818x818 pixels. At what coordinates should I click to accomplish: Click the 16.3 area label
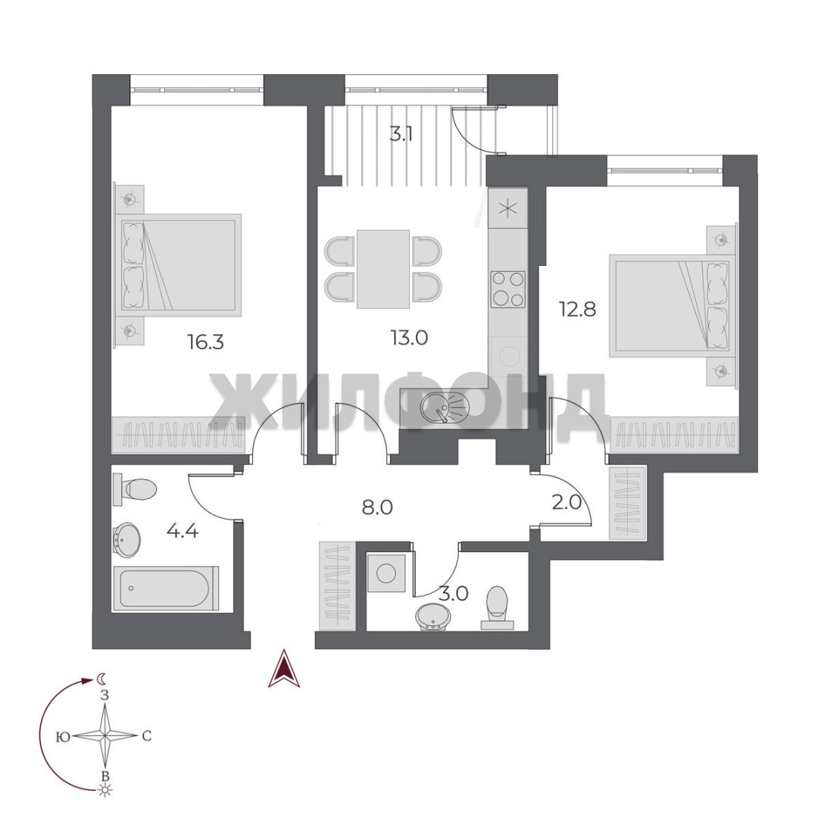point(205,342)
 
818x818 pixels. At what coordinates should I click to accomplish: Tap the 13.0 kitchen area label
point(410,338)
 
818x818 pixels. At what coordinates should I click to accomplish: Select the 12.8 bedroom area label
point(577,309)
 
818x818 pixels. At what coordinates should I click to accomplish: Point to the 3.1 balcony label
point(401,135)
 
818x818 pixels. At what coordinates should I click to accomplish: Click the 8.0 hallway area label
point(377,507)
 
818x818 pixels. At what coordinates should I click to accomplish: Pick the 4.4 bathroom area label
point(183,531)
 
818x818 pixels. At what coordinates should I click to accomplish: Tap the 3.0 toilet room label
point(454,594)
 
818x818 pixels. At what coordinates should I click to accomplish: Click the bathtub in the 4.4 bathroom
point(166,588)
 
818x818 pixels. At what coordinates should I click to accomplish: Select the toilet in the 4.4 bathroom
point(135,489)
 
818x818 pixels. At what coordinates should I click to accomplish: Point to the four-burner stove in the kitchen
point(507,289)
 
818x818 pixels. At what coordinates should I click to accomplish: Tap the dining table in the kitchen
point(383,269)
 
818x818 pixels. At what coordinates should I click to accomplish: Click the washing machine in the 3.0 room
point(386,574)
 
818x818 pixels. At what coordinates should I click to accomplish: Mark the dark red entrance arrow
point(283,668)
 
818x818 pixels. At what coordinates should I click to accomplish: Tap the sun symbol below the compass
point(105,791)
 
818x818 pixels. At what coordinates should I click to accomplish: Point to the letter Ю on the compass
point(63,737)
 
